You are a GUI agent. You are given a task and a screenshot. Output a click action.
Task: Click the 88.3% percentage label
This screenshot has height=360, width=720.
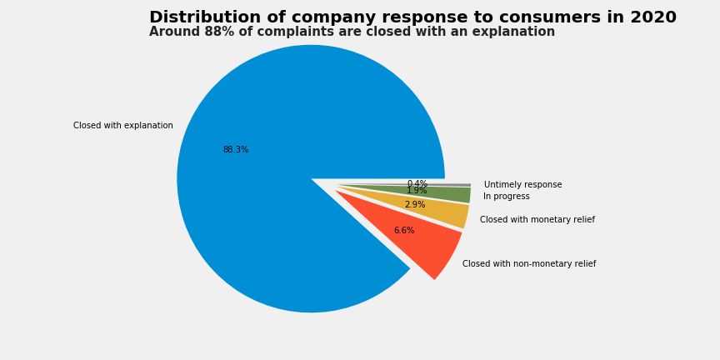coord(236,150)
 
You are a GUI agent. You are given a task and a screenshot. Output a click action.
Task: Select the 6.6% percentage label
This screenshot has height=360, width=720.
coord(404,231)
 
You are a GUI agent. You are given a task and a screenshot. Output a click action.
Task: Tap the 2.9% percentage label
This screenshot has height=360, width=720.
coord(415,205)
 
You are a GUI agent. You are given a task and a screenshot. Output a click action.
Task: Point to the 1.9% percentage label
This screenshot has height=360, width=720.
coord(417,192)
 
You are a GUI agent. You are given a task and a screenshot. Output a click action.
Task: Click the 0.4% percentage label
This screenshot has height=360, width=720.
coord(417,183)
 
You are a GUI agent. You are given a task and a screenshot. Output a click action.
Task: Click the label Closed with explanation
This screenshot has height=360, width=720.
coord(123,126)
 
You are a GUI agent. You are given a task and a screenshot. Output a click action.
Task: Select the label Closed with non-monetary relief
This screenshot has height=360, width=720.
coord(529,264)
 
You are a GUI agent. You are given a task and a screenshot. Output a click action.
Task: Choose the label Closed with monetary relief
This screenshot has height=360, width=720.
coord(537,220)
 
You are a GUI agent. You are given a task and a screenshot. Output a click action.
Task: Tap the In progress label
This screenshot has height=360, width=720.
coord(507,197)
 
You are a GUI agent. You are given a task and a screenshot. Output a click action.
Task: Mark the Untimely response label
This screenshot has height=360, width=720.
coord(523,185)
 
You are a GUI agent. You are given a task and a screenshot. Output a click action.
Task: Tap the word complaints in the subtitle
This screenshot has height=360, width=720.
coord(275,32)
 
